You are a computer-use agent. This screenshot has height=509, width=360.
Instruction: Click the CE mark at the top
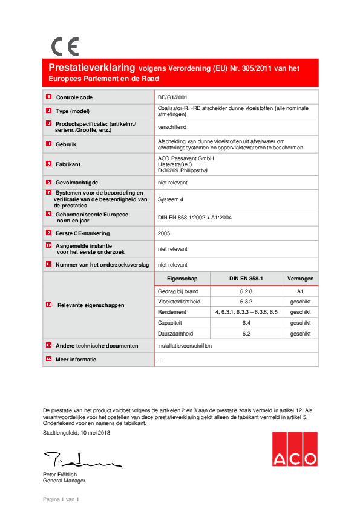pos(65,46)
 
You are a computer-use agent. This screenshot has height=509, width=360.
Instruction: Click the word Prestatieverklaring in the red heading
pos(92,68)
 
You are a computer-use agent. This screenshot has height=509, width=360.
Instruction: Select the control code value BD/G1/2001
pos(172,97)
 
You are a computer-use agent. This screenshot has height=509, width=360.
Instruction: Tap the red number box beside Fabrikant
pos(48,164)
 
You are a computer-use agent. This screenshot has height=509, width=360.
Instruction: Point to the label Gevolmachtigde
pos(77,181)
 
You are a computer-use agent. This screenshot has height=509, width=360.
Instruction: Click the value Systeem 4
pos(171,199)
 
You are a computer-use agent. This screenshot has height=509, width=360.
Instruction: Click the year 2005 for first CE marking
pos(163,232)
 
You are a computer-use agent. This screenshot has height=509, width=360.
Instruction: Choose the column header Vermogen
pos(300,278)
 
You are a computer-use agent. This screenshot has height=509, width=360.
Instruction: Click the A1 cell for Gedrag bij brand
pos(300,291)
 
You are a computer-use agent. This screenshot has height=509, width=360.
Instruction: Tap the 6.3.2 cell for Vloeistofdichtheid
pos(246,301)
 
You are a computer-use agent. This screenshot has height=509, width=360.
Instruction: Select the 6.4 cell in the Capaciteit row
pos(246,323)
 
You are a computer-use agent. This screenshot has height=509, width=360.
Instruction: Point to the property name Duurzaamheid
pos(175,333)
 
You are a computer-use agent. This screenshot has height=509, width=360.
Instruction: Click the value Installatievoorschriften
pos(185,346)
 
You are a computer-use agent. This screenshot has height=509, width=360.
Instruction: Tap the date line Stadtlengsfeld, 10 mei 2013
pos(76,433)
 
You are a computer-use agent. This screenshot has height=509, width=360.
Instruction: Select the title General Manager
pos(64,481)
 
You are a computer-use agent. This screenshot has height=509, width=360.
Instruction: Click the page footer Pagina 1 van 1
pos(61,499)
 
